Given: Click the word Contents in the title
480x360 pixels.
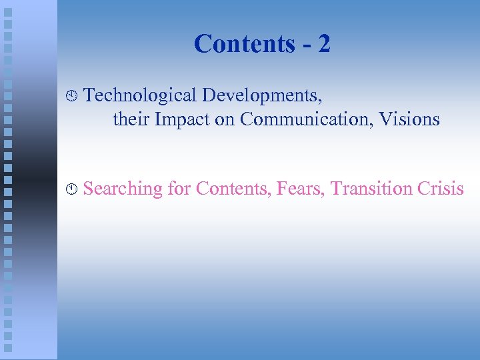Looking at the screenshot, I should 244,44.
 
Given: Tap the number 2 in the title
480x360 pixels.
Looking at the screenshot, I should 324,44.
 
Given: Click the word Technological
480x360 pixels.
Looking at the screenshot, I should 140,96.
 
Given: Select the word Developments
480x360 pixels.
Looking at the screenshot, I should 262,96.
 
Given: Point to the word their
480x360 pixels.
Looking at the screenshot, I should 131,119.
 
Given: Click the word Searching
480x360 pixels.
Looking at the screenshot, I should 123,189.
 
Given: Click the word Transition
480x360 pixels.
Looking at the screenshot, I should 371,189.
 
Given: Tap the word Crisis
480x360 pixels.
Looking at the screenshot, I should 441,189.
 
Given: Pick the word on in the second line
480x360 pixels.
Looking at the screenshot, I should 225,120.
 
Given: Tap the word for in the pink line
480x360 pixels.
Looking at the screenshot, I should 179,189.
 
